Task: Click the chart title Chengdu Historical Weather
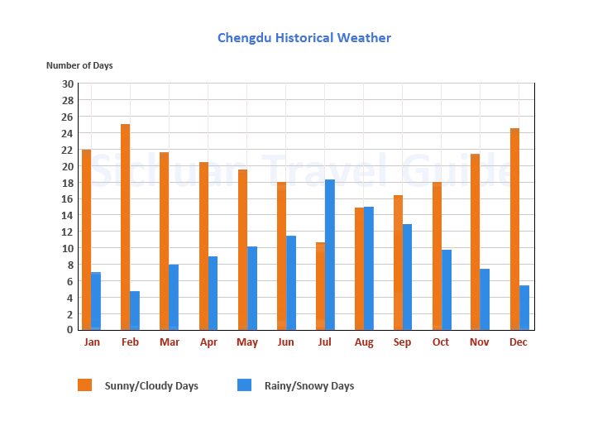click(304, 38)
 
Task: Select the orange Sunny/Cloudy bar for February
click(125, 227)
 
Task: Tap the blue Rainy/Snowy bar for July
click(330, 255)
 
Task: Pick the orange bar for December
click(514, 229)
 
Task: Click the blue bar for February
click(135, 310)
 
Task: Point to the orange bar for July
click(320, 286)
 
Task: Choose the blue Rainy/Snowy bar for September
click(407, 277)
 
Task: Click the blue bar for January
click(96, 301)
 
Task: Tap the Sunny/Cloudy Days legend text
click(151, 386)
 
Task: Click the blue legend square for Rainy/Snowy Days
click(244, 385)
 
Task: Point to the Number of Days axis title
click(79, 65)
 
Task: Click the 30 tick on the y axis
click(68, 84)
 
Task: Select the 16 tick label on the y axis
click(68, 198)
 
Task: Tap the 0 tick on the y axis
click(70, 330)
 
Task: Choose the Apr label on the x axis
click(208, 342)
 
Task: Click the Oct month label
click(441, 342)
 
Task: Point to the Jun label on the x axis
click(285, 342)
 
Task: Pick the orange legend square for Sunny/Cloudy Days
click(84, 385)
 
